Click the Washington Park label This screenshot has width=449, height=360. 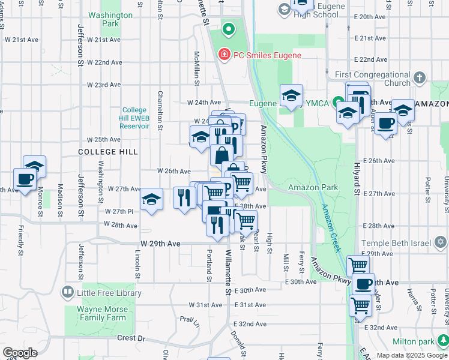[110, 19]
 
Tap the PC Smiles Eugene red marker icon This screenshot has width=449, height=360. [224, 55]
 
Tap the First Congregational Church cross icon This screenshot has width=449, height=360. [419, 78]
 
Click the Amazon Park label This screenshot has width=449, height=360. [313, 187]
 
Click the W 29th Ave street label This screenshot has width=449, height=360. [160, 244]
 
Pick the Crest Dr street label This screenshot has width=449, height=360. [131, 338]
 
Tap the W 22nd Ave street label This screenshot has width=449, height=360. [104, 62]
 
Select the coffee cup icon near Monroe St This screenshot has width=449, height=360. [25, 179]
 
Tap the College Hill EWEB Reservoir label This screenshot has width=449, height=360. [134, 118]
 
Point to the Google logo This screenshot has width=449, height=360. [20, 353]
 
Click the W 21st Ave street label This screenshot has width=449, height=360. [104, 40]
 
